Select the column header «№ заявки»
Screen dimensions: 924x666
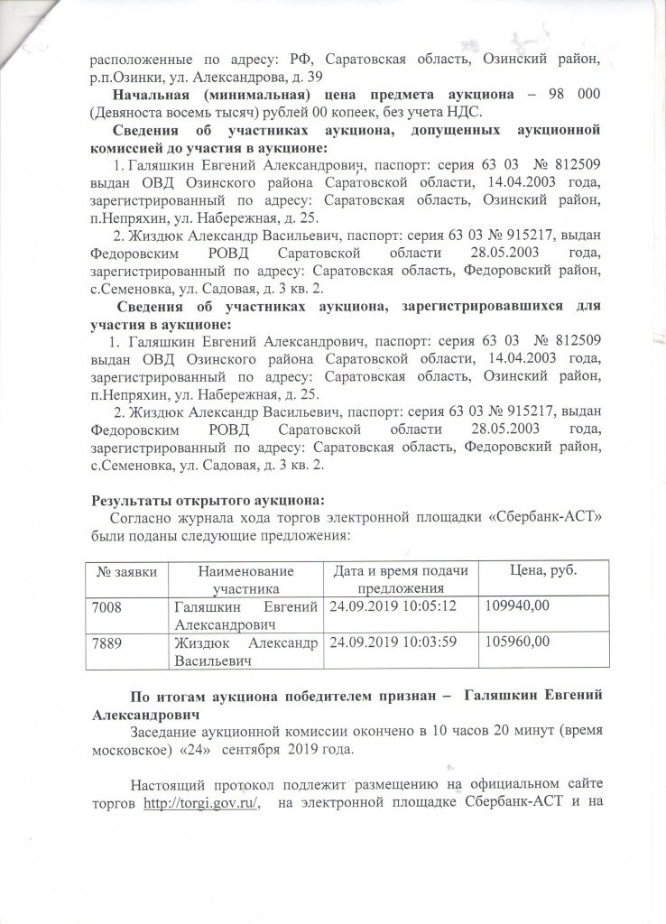click(127, 572)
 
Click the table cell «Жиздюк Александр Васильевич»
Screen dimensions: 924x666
click(246, 651)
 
